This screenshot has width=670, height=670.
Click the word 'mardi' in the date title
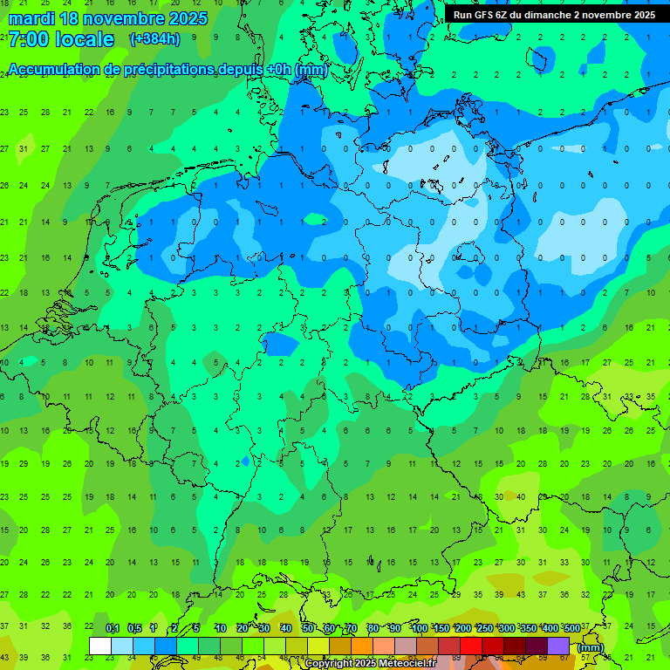tap(31, 18)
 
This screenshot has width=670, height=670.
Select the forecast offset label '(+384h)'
tap(154, 39)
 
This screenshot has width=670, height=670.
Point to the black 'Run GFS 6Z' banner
tap(555, 15)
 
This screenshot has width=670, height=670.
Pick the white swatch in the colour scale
tap(100, 646)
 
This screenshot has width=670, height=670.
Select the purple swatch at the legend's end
tap(558, 646)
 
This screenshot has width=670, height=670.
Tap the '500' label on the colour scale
tap(571, 629)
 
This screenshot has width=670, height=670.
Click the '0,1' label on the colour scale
tap(112, 629)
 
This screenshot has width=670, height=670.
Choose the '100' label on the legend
tap(419, 629)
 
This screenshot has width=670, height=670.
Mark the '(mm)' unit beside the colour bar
tap(591, 647)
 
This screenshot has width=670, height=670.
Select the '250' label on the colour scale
tap(484, 629)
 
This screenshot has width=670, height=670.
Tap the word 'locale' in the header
tap(84, 39)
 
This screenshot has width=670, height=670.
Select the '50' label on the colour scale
tap(308, 629)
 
